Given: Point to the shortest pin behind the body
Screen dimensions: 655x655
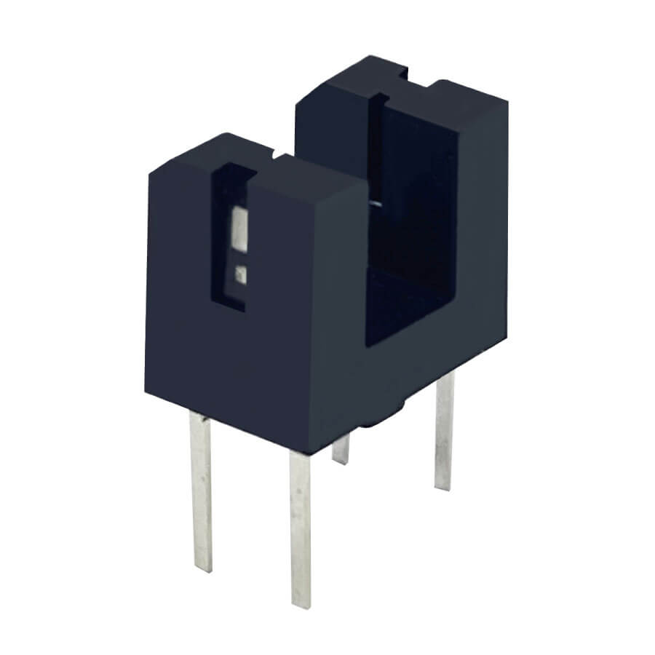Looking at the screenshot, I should (x=341, y=448).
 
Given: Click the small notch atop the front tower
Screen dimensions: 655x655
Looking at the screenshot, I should (x=275, y=155).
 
